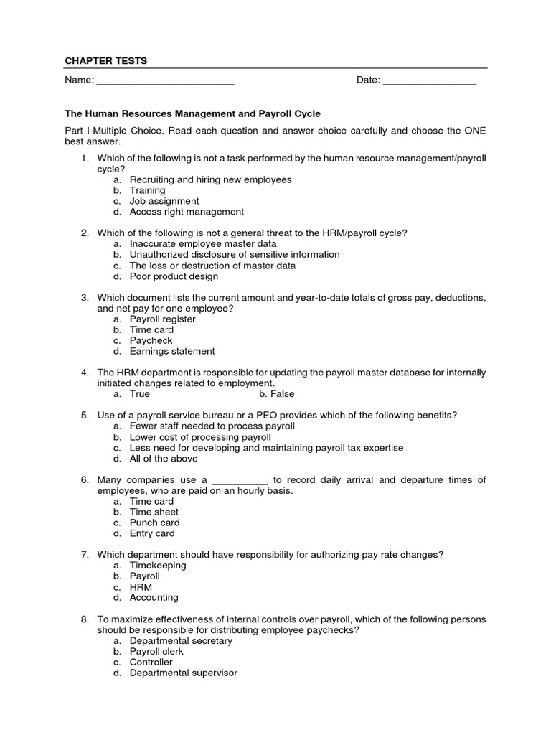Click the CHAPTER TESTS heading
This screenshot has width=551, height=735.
(106, 61)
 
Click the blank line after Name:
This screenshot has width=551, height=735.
(165, 80)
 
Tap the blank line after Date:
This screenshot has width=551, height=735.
(430, 80)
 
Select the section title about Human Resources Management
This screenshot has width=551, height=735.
(193, 113)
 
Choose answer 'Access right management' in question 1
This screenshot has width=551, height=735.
(187, 212)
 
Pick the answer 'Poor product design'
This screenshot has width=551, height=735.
(174, 276)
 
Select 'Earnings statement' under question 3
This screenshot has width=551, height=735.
(171, 351)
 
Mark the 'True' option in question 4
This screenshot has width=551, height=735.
(140, 394)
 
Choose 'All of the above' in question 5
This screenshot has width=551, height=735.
(163, 459)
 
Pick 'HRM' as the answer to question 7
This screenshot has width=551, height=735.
(141, 586)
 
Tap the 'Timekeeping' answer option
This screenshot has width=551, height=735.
(158, 565)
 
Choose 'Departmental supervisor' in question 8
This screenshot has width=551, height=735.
(183, 673)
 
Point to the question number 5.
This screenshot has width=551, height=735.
(84, 415)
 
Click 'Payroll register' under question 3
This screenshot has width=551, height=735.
(162, 319)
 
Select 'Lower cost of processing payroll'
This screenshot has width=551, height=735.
(200, 437)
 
